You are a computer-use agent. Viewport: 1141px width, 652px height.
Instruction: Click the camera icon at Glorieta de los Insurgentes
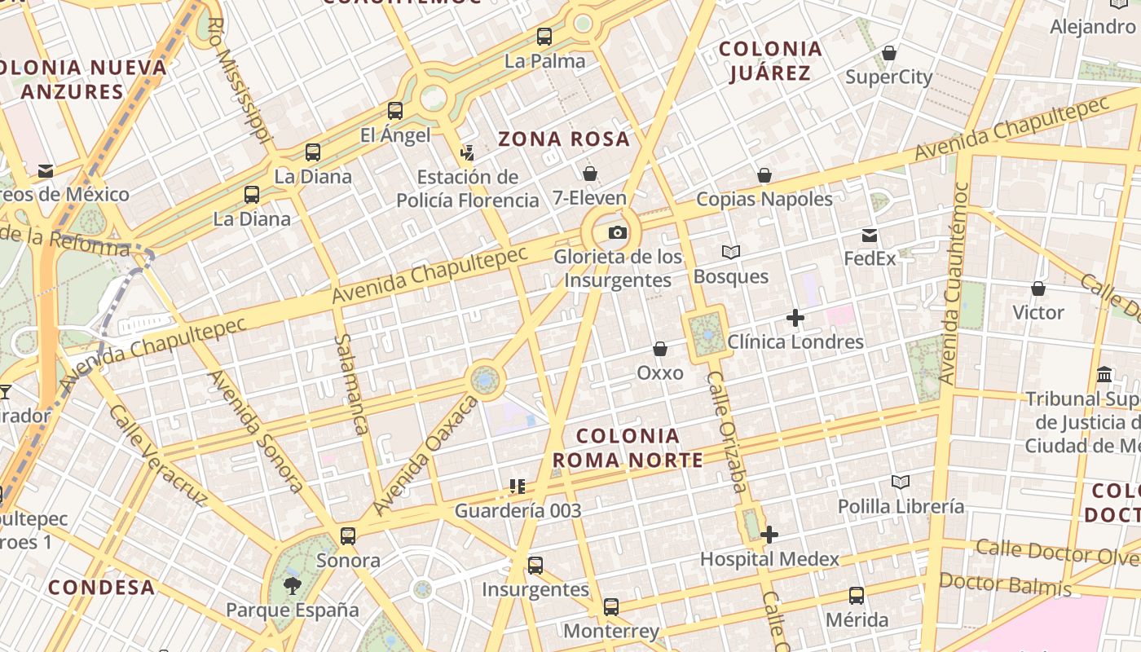[x=618, y=233]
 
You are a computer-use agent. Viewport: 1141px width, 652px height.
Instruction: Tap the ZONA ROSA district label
[x=564, y=139]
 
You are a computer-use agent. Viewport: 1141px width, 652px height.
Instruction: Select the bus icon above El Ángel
[x=395, y=111]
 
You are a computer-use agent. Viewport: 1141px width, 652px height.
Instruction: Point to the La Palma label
[x=544, y=61]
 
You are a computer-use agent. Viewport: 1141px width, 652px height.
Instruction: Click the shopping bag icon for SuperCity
[x=889, y=54]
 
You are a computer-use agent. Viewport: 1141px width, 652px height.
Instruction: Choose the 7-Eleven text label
[x=589, y=198]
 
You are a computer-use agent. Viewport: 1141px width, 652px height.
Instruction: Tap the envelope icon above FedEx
[x=870, y=236]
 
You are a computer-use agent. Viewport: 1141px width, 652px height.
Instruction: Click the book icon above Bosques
[x=731, y=253]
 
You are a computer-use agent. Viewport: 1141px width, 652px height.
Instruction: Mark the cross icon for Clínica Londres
[x=795, y=318]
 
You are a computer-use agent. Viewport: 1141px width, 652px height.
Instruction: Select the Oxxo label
[x=660, y=372]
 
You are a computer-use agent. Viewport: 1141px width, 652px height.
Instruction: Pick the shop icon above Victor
[x=1038, y=289]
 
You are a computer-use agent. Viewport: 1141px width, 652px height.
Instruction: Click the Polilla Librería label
[x=901, y=506]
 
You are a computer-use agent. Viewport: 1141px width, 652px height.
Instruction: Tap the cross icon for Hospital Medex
[x=769, y=535]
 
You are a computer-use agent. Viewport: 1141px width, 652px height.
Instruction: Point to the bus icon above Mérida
[x=857, y=596]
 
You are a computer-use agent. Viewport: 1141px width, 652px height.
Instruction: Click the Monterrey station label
[x=611, y=632]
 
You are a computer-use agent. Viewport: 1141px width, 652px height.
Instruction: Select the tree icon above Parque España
[x=292, y=585]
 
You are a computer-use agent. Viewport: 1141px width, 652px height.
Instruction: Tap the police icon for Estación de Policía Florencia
[x=467, y=152]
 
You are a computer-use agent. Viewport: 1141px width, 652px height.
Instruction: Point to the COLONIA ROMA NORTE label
[x=628, y=447]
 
